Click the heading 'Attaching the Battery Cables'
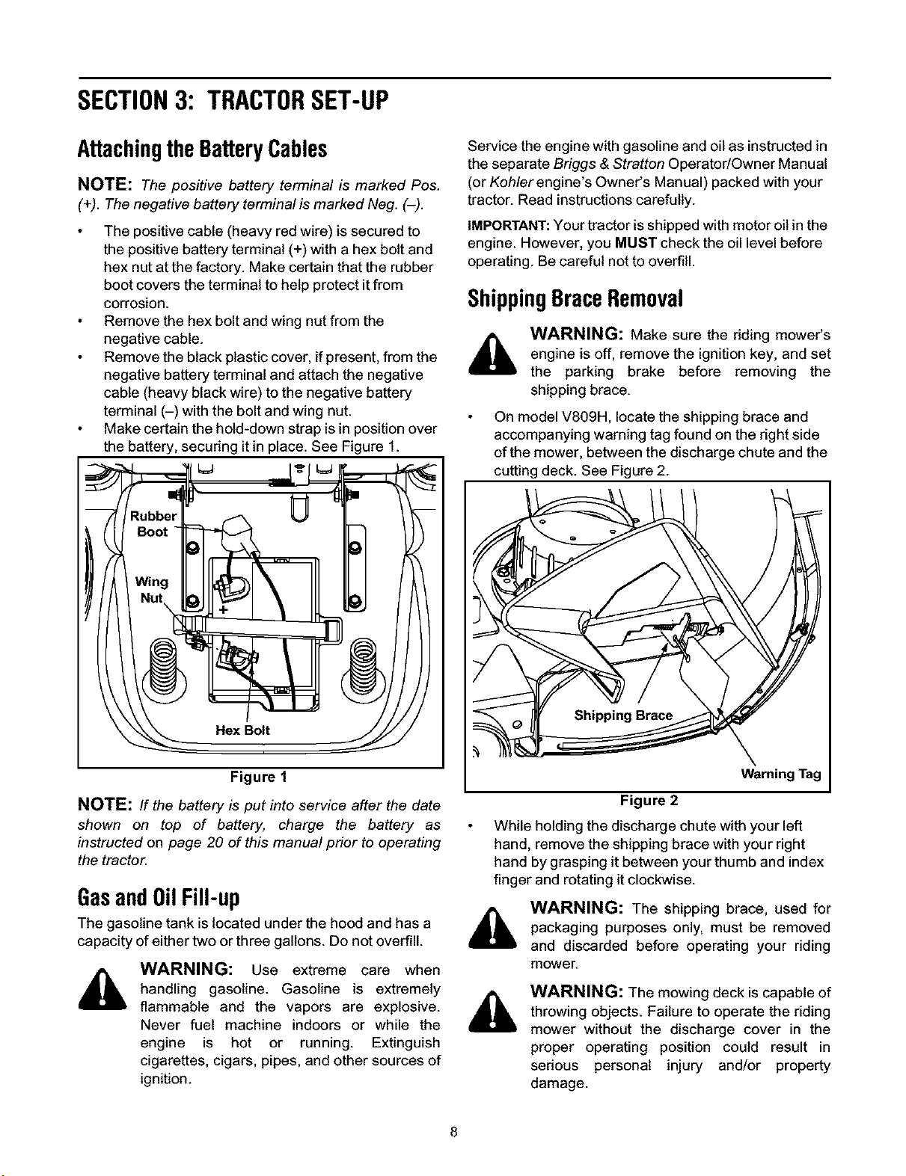203,150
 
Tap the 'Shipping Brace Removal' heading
575,299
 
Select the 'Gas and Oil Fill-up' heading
159,898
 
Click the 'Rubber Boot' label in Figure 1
153,523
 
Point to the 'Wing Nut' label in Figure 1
152,589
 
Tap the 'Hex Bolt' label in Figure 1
242,730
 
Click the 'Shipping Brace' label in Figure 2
623,715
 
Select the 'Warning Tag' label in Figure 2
781,774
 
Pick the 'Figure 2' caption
649,800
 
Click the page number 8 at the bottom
454,1132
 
